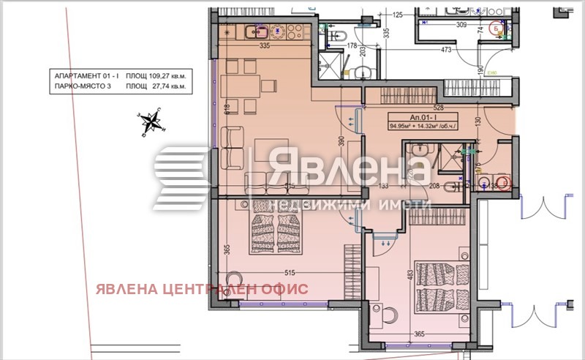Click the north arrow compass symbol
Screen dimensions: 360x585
[x=152, y=122]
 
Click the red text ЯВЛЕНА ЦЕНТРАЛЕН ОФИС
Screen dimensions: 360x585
[x=201, y=288]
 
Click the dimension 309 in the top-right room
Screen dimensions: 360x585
[x=441, y=25]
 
